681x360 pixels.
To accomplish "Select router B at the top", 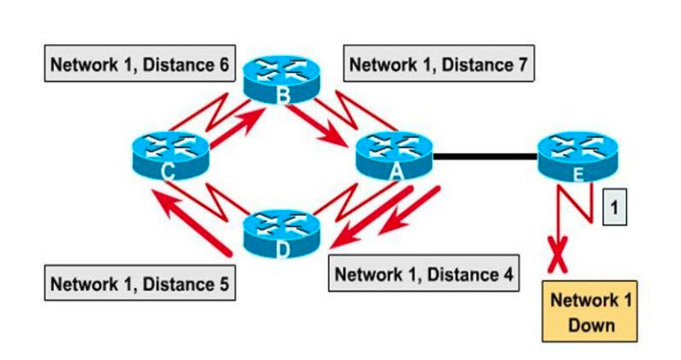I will coord(281,80).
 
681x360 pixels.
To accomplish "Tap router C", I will coord(169,156).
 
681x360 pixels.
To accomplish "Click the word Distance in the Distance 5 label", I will coord(167,284).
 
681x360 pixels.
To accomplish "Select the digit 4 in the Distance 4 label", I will coord(507,273).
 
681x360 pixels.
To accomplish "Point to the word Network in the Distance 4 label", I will coord(369,273).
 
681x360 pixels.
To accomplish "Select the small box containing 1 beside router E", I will coord(614,206).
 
